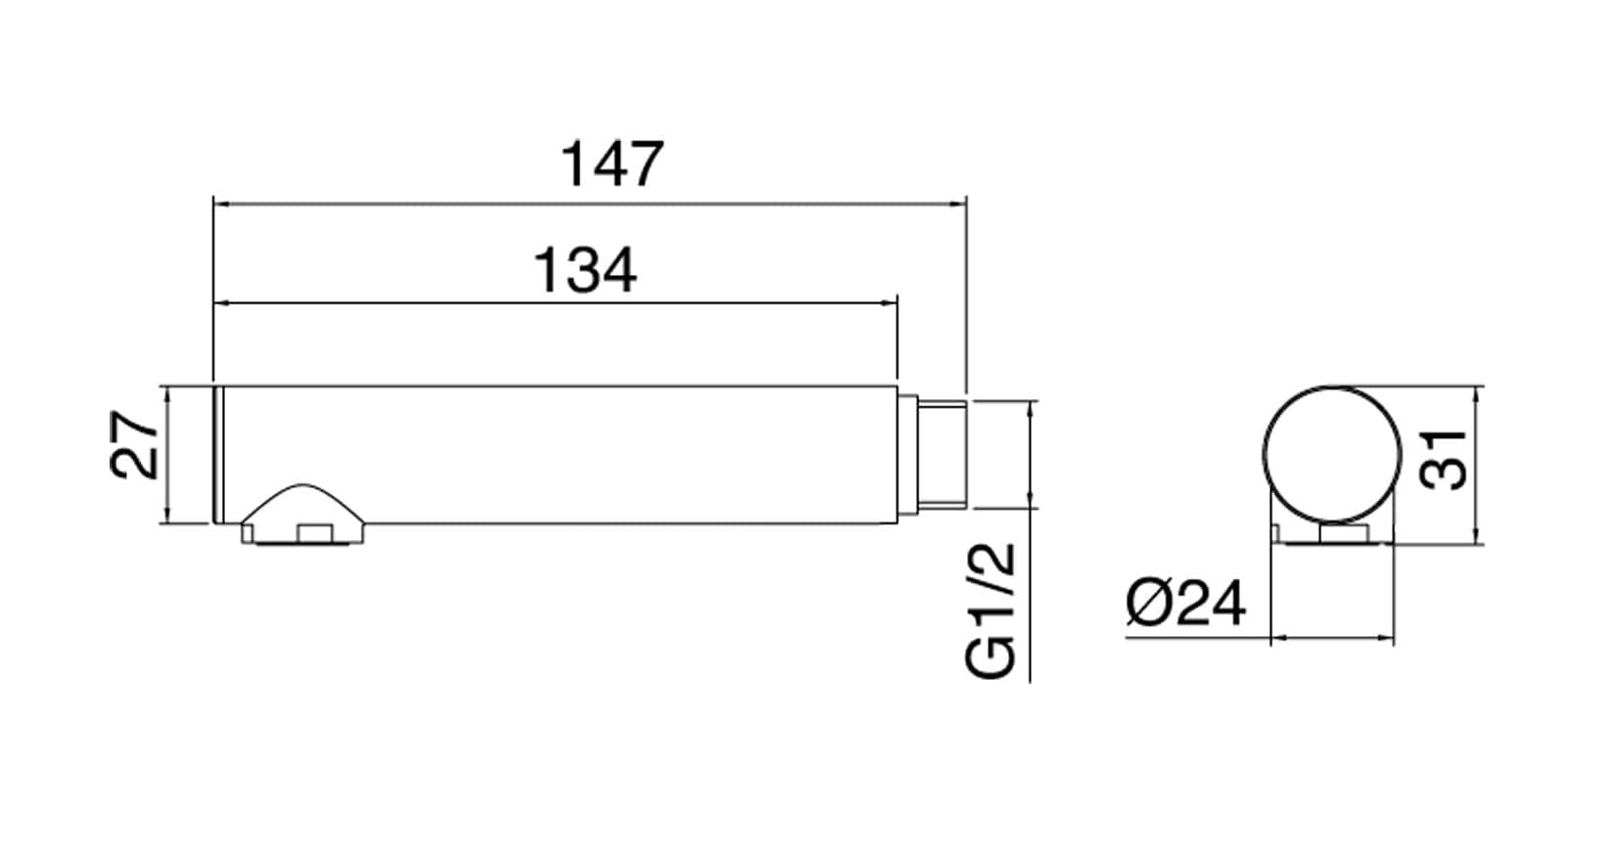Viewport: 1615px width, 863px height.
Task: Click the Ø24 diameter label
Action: pyautogui.click(x=1185, y=603)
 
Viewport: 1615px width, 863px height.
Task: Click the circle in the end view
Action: pyautogui.click(x=1332, y=453)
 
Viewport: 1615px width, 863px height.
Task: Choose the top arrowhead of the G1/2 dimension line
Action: pyautogui.click(x=1030, y=406)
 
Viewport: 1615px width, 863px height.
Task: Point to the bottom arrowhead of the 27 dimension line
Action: pyautogui.click(x=169, y=516)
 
